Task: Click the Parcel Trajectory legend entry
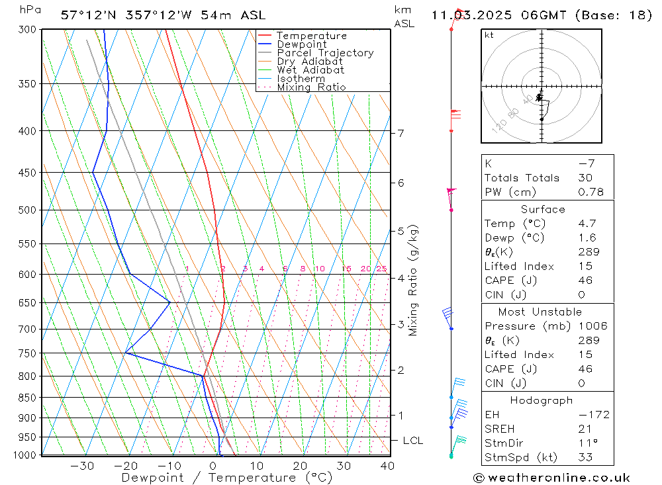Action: (324, 53)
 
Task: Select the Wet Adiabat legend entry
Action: (310, 70)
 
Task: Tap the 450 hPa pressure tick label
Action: (26, 173)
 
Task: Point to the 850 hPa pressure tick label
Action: (26, 398)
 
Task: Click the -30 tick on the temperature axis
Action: (82, 466)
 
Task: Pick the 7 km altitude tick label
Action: (401, 133)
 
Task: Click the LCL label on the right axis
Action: (412, 441)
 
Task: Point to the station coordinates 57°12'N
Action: (87, 15)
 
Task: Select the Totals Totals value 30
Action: (585, 177)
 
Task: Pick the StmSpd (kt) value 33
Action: (585, 457)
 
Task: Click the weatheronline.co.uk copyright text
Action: (551, 478)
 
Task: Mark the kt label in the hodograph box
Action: (489, 35)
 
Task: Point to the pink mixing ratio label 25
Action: (381, 269)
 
